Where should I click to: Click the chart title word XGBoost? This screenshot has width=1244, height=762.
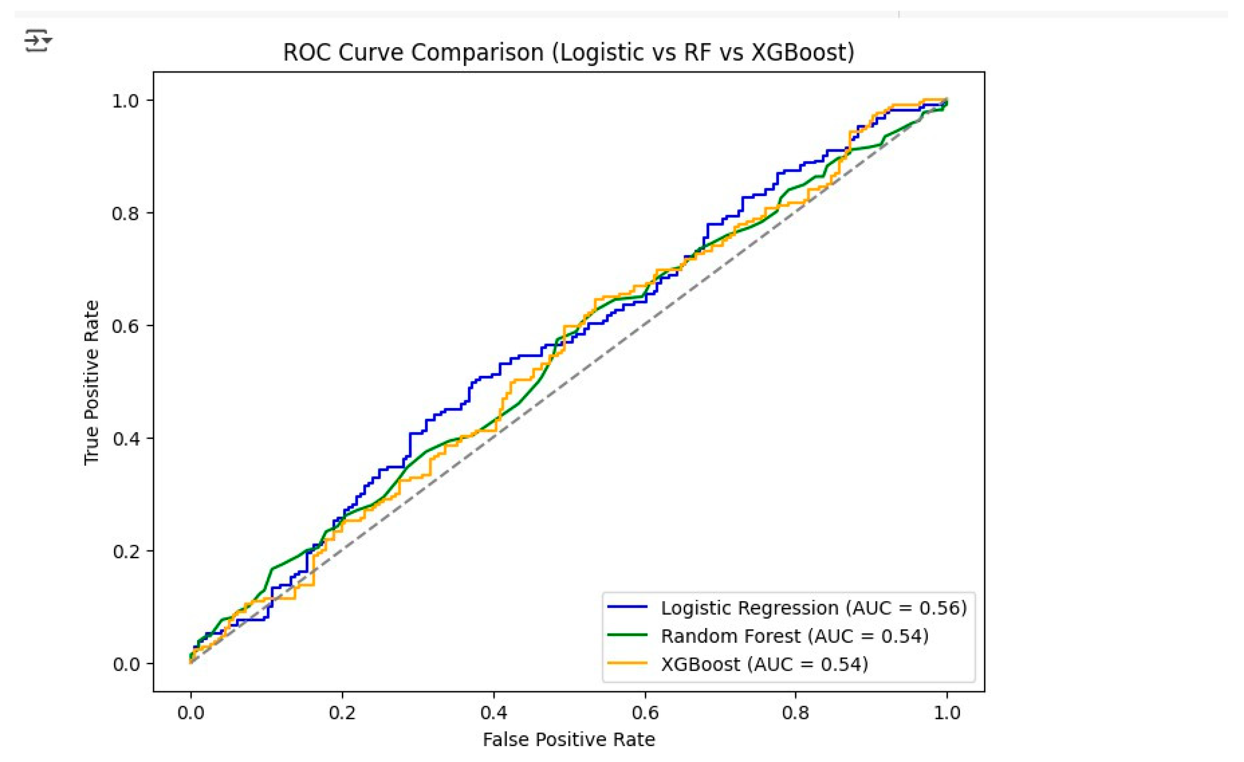click(x=801, y=52)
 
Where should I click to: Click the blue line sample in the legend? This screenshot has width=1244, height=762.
click(x=627, y=607)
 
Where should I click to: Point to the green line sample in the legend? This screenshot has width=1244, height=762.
click(x=627, y=635)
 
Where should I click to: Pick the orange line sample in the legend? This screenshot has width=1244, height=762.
click(x=627, y=663)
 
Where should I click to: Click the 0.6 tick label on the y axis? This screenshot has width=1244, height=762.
click(x=125, y=326)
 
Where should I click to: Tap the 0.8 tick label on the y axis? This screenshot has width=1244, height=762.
click(x=125, y=214)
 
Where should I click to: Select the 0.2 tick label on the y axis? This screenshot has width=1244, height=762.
click(x=125, y=551)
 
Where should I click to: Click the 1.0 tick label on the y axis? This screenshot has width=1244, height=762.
click(x=125, y=101)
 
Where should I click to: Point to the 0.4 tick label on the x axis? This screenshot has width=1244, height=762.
click(x=493, y=713)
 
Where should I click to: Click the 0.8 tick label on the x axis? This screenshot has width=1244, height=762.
click(x=796, y=713)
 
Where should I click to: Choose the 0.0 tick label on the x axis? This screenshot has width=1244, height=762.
click(x=191, y=713)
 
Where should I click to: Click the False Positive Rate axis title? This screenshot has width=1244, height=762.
click(x=568, y=740)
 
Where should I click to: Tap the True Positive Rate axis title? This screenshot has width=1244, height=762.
click(x=91, y=382)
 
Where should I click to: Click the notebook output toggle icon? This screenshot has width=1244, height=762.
click(x=38, y=40)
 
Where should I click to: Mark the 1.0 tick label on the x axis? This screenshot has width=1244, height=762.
click(x=947, y=713)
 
